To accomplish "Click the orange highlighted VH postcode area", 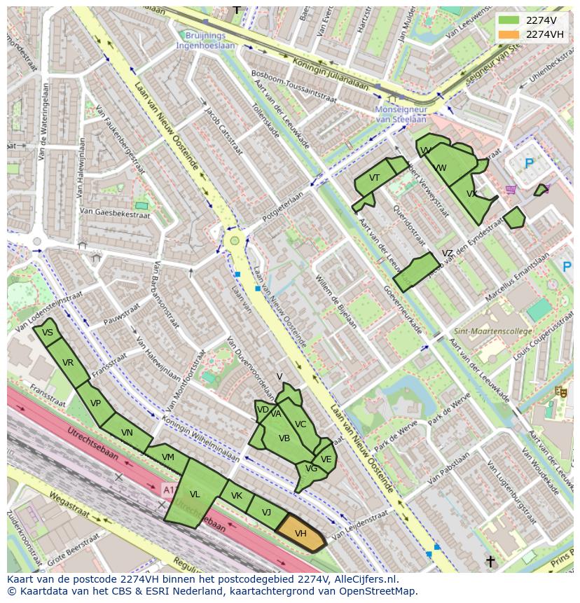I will coord(301,534).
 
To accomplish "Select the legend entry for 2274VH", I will coord(544,34).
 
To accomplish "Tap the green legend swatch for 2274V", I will coord(509,20).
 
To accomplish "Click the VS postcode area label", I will coord(48,333).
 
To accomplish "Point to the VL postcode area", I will coord(195,494).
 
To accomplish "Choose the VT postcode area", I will coord(374,179).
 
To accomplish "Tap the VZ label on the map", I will coord(447,254).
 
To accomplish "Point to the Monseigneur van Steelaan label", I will coord(401,114).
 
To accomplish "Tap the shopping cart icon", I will coord(511,189).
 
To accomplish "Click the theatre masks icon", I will coord(560,392).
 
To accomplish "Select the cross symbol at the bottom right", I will coord(490,561).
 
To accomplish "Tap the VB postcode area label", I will coord(284,438).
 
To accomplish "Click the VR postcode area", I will coord(68,363).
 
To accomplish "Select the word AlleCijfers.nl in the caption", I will coord(364,579).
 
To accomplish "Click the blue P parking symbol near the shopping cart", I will coord(529,164).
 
